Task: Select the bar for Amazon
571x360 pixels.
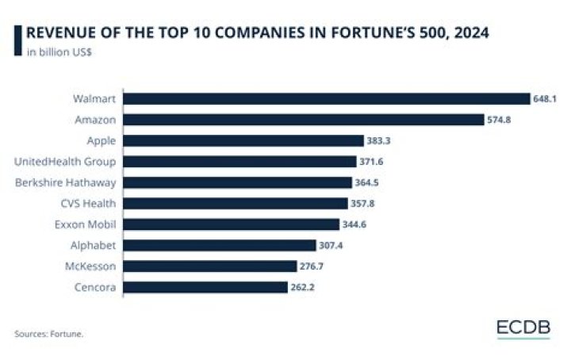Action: coord(304,120)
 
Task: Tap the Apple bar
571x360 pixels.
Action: coord(243,140)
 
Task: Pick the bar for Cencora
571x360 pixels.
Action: coord(205,286)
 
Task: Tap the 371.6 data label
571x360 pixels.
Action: coord(373,162)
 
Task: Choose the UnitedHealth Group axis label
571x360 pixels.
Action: coord(66,162)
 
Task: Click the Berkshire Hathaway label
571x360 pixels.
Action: coord(66,182)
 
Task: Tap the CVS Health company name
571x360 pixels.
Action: coord(88,203)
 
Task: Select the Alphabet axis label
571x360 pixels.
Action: coord(94,245)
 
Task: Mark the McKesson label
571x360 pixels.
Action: coord(91,266)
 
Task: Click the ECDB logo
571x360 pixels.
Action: coord(523,328)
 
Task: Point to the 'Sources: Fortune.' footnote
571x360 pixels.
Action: coord(48,334)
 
